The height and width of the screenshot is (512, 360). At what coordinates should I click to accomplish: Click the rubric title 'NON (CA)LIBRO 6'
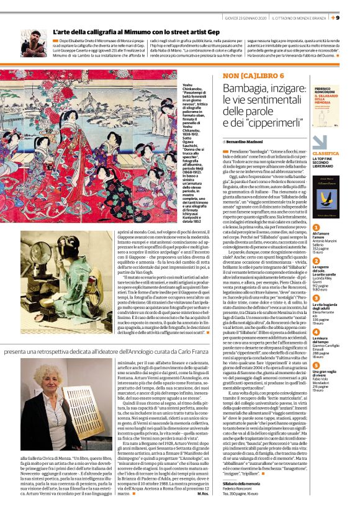[x=245, y=76]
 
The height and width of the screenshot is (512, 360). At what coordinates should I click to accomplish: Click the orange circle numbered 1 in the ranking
[x=316, y=228]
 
